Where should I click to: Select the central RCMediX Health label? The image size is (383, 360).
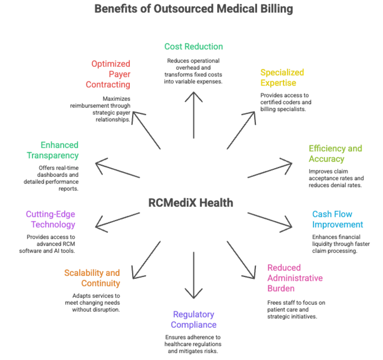(x=191, y=202)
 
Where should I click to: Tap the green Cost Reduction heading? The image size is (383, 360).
(x=193, y=46)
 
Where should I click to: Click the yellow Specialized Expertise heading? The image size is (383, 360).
(x=282, y=78)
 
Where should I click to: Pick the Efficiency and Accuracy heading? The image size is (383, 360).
(x=335, y=154)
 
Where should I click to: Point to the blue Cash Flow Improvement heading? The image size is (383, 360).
(x=337, y=219)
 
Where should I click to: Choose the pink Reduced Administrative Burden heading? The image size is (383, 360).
(x=295, y=277)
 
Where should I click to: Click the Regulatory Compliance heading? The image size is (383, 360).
(x=193, y=320)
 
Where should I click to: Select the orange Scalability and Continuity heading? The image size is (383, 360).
(x=92, y=278)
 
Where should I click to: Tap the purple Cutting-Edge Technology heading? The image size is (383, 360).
(x=50, y=219)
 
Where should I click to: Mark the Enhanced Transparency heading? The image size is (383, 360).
(x=53, y=150)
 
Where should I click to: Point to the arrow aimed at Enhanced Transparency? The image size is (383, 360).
(x=117, y=170)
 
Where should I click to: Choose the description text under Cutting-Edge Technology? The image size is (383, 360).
(x=50, y=243)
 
